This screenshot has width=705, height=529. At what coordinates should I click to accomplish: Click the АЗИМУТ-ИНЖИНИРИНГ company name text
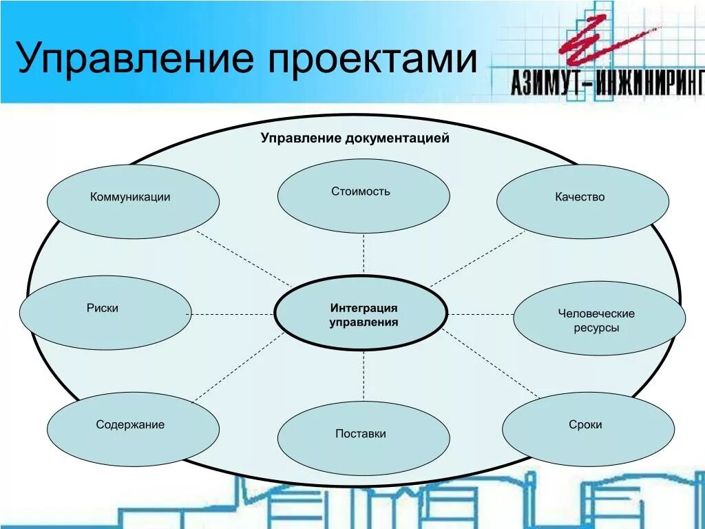click(x=607, y=82)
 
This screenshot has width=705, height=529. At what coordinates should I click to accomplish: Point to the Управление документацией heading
click(x=355, y=138)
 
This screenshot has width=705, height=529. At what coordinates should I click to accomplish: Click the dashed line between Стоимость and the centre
click(x=364, y=253)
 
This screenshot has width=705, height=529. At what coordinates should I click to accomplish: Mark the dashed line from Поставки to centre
click(x=364, y=376)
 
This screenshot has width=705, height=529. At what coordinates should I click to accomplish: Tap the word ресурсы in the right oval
click(x=596, y=328)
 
